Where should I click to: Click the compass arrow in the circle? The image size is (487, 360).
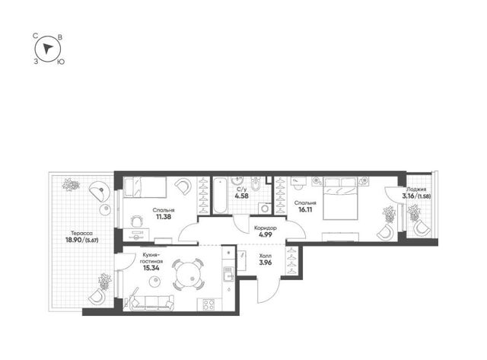pyautogui.click(x=47, y=49)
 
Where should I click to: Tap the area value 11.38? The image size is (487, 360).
pyautogui.click(x=164, y=217)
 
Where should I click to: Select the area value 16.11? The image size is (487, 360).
pyautogui.click(x=305, y=209)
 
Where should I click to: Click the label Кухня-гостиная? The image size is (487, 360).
pyautogui.click(x=151, y=258)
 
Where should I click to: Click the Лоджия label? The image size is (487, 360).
pyautogui.click(x=416, y=190)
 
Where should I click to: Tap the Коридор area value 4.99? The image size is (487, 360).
pyautogui.click(x=266, y=235)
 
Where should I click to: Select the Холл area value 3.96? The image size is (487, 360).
pyautogui.click(x=266, y=263)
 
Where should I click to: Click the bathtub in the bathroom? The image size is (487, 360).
pyautogui.click(x=220, y=195)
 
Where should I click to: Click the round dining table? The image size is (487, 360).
pyautogui.click(x=189, y=274)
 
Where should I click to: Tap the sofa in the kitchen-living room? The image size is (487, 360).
pyautogui.click(x=151, y=302)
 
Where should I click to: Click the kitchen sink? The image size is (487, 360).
pyautogui.click(x=228, y=274)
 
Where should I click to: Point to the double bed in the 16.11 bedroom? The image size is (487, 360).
pyautogui.click(x=340, y=199)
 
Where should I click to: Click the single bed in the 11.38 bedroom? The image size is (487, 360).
pyautogui.click(x=145, y=187)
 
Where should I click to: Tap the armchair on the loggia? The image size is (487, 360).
pyautogui.click(x=422, y=228)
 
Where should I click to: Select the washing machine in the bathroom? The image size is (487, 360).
pyautogui.click(x=265, y=208)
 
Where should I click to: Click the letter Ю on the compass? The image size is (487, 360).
pyautogui.click(x=61, y=62)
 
